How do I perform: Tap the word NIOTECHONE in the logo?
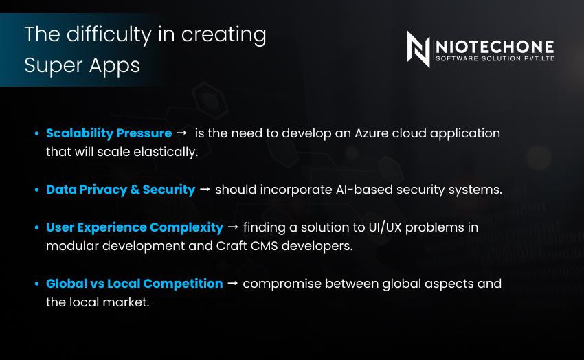495,47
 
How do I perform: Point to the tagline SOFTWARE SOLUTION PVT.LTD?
495,59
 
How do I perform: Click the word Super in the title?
46,65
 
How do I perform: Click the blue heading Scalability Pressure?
109,133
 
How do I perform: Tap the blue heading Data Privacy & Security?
120,189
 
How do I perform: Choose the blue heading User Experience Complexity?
134,227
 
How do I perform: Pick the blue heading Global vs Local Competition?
134,283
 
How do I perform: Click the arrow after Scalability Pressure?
182,133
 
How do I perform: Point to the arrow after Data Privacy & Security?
205,190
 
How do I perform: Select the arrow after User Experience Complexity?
232,227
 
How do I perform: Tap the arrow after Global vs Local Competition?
232,284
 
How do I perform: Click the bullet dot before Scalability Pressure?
37,133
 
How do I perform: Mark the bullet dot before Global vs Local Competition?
37,284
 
